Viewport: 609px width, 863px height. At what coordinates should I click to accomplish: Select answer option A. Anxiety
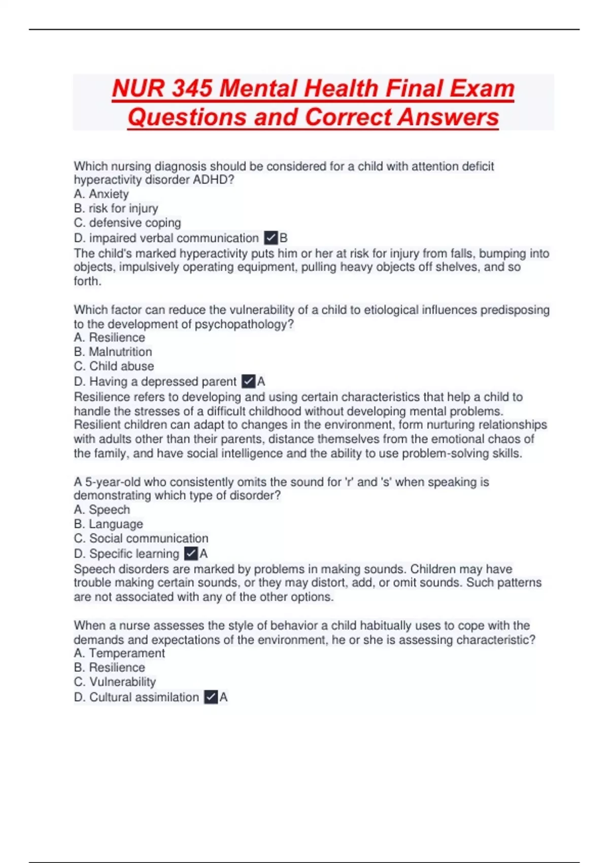pyautogui.click(x=101, y=194)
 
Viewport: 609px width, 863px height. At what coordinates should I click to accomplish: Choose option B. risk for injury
pyautogui.click(x=116, y=208)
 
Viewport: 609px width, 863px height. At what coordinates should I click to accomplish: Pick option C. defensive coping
pyautogui.click(x=127, y=222)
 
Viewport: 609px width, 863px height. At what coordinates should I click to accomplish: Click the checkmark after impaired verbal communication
pyautogui.click(x=271, y=238)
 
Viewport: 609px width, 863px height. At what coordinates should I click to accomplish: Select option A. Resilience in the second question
pyautogui.click(x=109, y=338)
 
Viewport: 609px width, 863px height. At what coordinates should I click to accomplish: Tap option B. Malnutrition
pyautogui.click(x=113, y=352)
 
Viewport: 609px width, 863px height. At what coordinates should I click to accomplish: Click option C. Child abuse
pyautogui.click(x=114, y=366)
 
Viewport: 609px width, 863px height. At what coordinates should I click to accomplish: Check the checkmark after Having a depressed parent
pyautogui.click(x=248, y=381)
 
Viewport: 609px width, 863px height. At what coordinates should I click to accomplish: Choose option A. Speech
pyautogui.click(x=101, y=510)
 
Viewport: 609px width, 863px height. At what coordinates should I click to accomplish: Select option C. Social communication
pyautogui.click(x=141, y=538)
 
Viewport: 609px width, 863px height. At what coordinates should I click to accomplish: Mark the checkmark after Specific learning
pyautogui.click(x=191, y=553)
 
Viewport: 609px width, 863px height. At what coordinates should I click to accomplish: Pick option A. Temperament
pyautogui.click(x=119, y=653)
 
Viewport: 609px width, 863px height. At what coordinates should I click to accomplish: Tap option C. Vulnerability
pyautogui.click(x=115, y=682)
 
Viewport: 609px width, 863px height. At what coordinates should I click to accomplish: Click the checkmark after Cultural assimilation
pyautogui.click(x=211, y=697)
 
